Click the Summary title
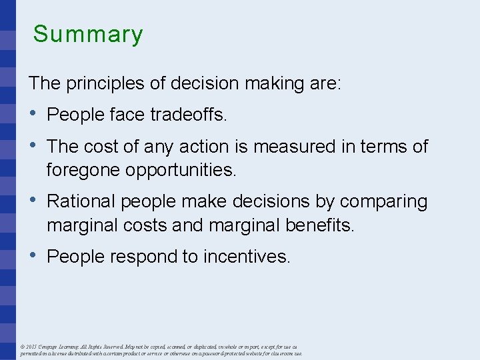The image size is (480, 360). point(88,34)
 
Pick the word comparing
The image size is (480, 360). point(385,202)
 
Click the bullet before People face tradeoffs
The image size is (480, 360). point(33,115)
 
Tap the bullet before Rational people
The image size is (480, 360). point(33,201)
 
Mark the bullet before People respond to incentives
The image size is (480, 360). point(33,256)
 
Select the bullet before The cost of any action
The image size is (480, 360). point(33,145)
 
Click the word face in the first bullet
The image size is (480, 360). point(125,115)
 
